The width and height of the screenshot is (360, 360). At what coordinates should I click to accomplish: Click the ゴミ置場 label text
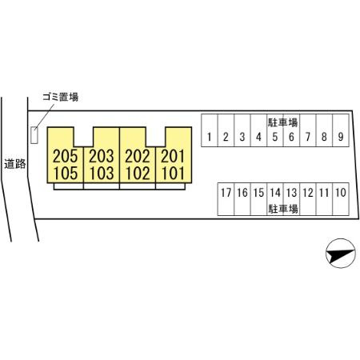click(61, 97)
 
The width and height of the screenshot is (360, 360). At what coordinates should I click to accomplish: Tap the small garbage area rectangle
click(34, 135)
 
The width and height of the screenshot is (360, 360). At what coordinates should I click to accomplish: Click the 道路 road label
click(15, 163)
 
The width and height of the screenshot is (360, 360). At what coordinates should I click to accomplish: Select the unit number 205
click(66, 156)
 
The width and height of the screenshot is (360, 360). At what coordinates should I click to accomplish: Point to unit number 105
click(66, 173)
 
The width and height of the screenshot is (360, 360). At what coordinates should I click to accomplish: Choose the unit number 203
click(102, 156)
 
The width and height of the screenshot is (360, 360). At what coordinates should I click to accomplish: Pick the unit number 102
click(138, 173)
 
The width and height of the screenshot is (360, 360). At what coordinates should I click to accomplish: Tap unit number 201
click(173, 156)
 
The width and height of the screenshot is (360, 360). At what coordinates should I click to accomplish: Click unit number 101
click(173, 173)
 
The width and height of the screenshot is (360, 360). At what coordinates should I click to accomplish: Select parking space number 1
click(210, 137)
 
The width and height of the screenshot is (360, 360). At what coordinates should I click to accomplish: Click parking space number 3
click(242, 137)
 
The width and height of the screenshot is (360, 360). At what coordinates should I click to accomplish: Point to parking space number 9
click(341, 137)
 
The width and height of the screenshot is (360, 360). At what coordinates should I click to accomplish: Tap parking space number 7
click(308, 137)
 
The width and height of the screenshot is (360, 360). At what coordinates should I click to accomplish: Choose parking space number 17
click(226, 193)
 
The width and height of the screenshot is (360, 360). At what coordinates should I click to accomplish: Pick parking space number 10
click(341, 193)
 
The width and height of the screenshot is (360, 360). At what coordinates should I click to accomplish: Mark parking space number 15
click(258, 193)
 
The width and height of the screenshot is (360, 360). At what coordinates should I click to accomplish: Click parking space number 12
click(308, 193)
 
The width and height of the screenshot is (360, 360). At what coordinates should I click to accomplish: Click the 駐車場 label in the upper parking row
click(282, 122)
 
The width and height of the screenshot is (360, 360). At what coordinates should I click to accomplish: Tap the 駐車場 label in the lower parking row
click(283, 209)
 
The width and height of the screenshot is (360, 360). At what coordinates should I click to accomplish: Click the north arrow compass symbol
click(341, 253)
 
